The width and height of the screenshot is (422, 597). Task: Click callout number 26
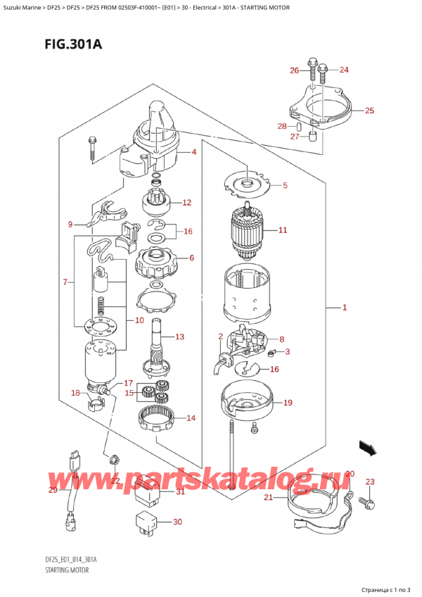(x=294, y=70)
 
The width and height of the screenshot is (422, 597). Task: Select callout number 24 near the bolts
(x=343, y=70)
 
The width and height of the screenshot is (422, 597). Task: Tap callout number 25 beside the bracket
(x=369, y=111)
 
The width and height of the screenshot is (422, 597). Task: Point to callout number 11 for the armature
(x=283, y=230)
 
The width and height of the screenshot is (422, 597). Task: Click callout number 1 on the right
(x=344, y=308)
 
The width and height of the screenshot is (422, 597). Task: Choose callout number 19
(x=287, y=403)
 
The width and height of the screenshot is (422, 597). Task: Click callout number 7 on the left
(x=64, y=282)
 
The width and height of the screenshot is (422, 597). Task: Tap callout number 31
(x=180, y=491)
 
